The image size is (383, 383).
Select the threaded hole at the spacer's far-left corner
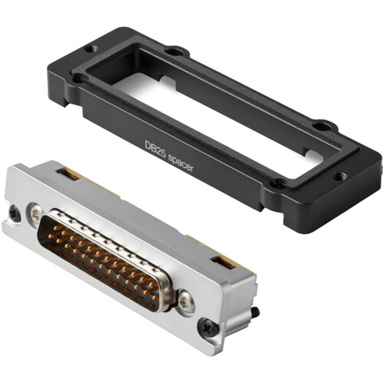92,49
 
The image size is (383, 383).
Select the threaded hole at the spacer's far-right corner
340,177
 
